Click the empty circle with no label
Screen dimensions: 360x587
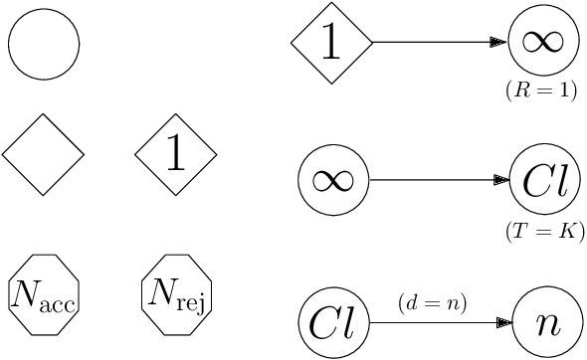[x=44, y=44]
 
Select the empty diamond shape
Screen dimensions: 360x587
[x=43, y=154]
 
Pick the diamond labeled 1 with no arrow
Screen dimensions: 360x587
[x=176, y=154]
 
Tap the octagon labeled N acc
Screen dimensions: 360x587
[x=43, y=293]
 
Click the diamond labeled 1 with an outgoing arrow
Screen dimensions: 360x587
[x=331, y=43]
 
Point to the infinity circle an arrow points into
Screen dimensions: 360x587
[x=543, y=42]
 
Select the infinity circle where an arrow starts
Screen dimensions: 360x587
[x=333, y=180]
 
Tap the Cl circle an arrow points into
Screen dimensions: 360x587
[x=544, y=180]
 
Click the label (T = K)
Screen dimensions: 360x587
[x=545, y=232]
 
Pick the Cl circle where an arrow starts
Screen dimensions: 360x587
[x=333, y=324]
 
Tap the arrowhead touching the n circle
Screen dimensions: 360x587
[x=504, y=324]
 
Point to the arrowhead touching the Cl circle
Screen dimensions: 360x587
[x=502, y=180]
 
